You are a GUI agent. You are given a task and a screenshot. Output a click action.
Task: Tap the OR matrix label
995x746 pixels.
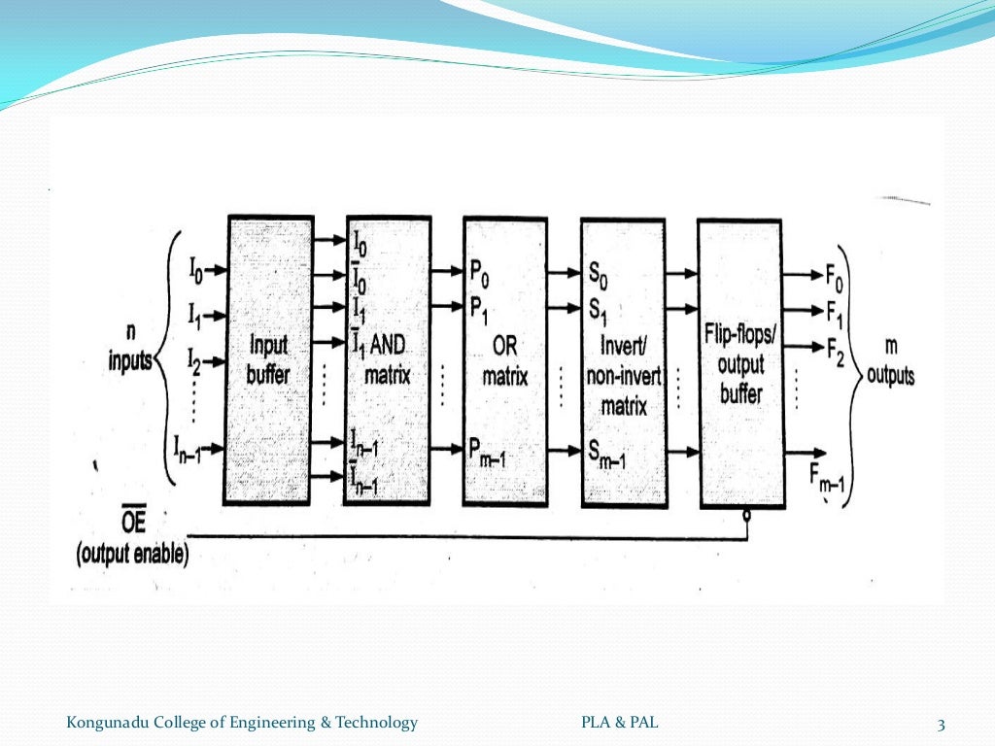[504, 361]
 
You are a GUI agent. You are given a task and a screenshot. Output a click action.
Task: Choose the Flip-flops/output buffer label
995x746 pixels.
[739, 364]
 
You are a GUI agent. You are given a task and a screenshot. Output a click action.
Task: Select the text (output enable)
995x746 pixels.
[132, 556]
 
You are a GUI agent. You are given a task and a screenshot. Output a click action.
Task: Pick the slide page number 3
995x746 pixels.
[941, 724]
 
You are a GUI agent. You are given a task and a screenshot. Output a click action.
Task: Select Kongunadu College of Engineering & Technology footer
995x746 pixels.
[242, 722]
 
